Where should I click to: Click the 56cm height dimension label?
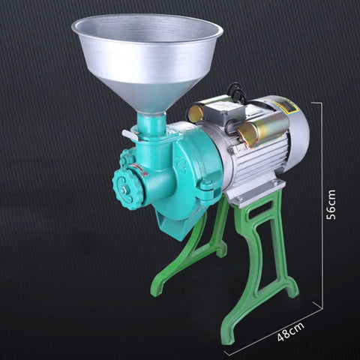(x=331, y=205)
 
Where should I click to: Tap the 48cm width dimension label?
(x=291, y=331)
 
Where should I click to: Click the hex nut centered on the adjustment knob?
(x=124, y=190)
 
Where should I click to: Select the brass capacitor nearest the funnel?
(x=197, y=111)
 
